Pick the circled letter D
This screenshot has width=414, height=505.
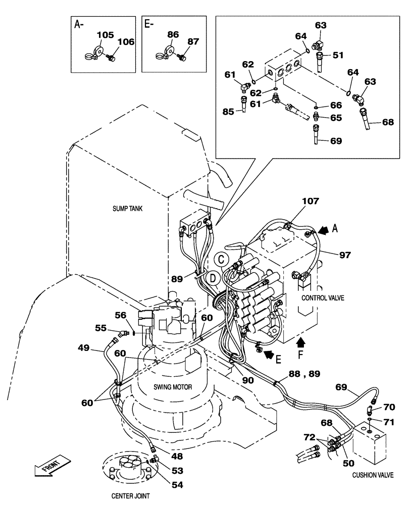[x=214, y=277]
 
